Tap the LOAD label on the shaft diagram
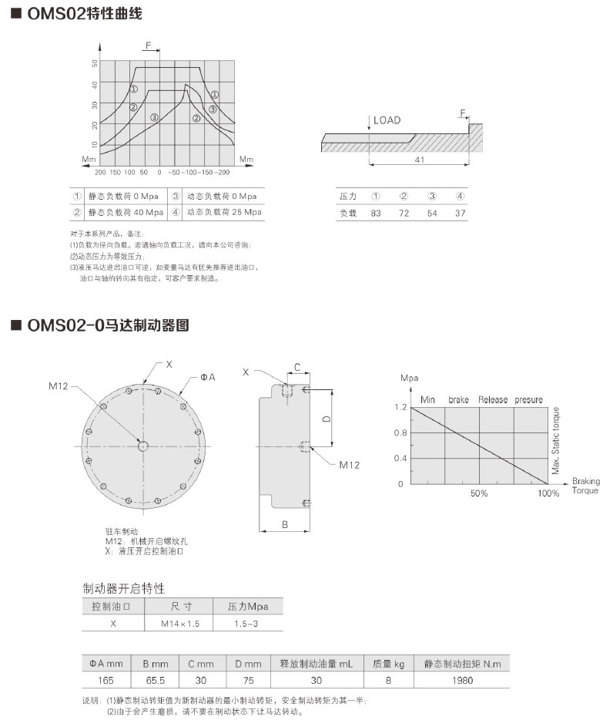tap(387, 120)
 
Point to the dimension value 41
tap(420, 160)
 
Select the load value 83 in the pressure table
tap(376, 213)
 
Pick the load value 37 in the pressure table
tap(460, 213)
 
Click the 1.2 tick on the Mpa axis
tap(400, 406)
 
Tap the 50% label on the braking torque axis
tap(479, 493)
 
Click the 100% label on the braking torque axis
tap(548, 493)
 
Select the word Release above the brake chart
tap(493, 399)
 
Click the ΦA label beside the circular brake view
tap(208, 376)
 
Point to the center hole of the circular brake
tap(143, 445)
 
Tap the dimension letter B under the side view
tap(284, 525)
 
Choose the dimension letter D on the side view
tap(327, 419)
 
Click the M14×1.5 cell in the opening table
tap(180, 623)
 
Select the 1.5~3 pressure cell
tap(246, 623)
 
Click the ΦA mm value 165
tap(106, 680)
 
